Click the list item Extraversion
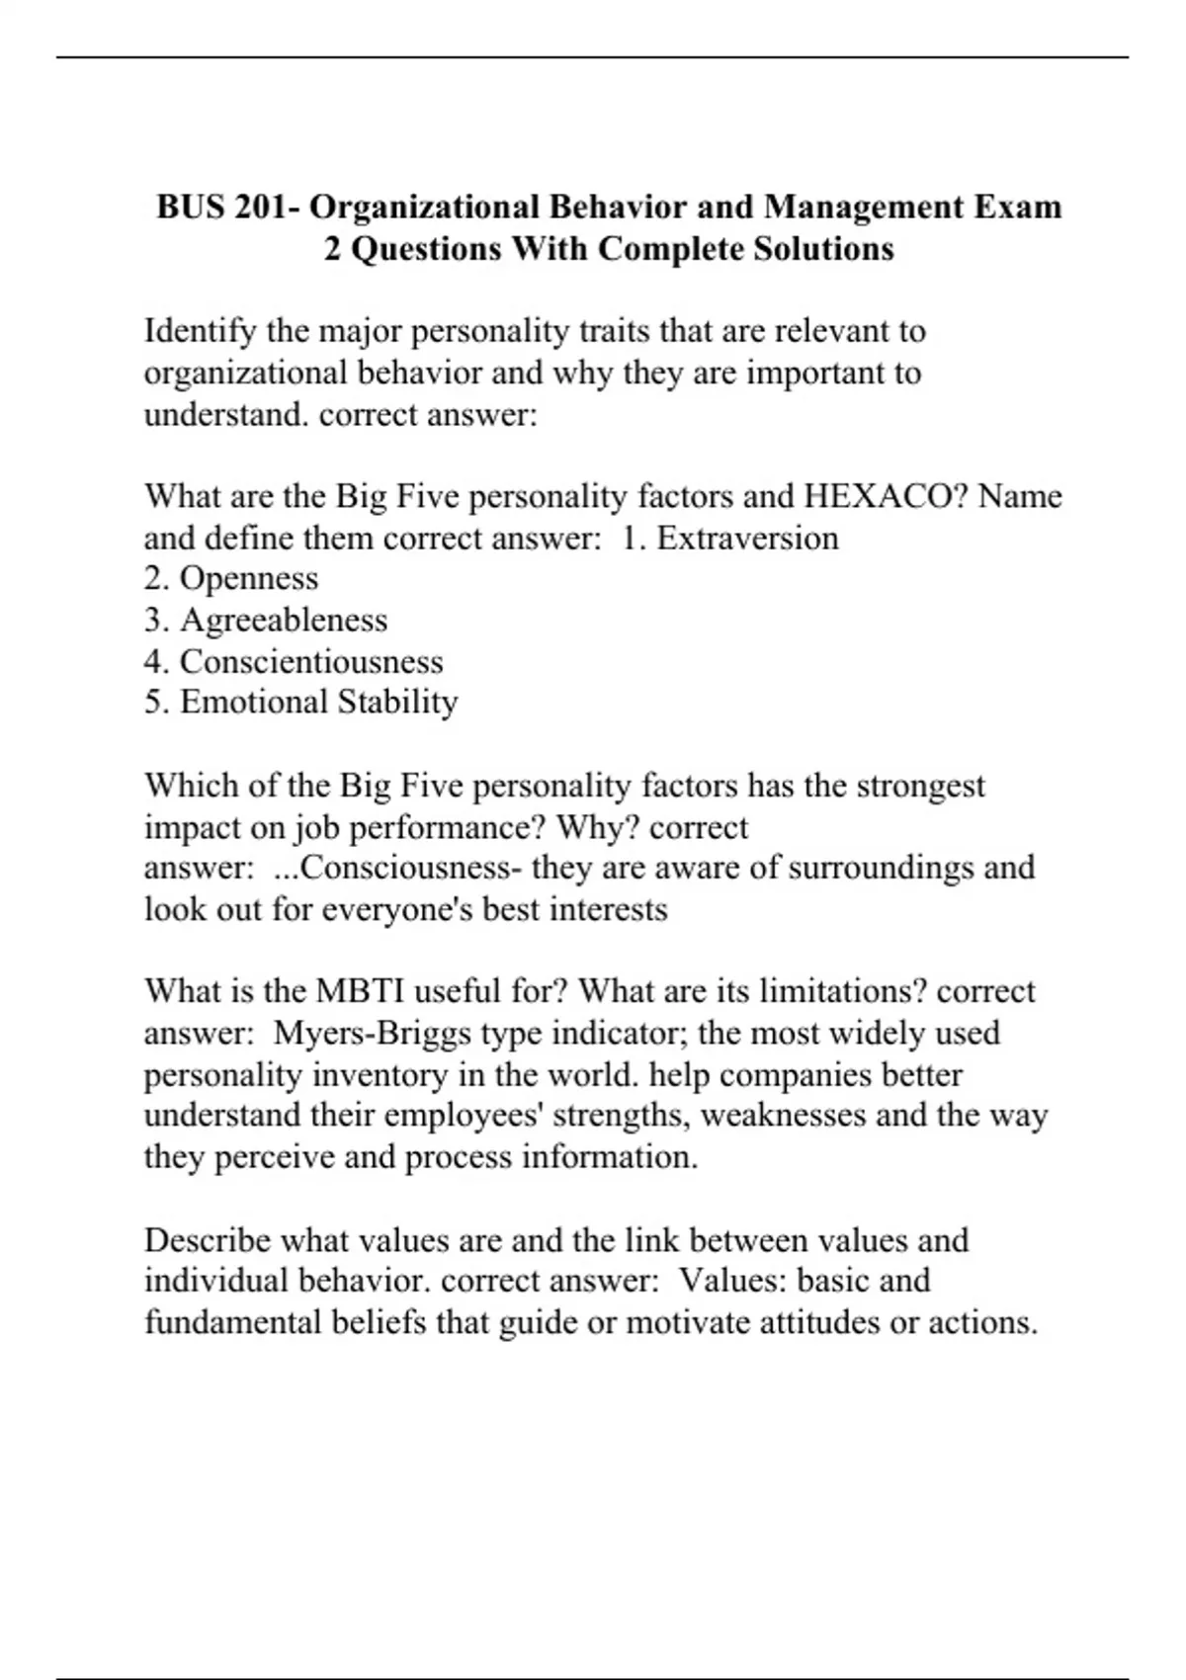[x=747, y=538]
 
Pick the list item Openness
[x=249, y=578]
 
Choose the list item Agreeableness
[x=284, y=620]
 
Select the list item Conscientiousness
[x=311, y=661]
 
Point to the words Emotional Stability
[x=318, y=702]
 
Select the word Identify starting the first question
[x=201, y=331]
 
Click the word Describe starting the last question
[x=207, y=1239]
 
